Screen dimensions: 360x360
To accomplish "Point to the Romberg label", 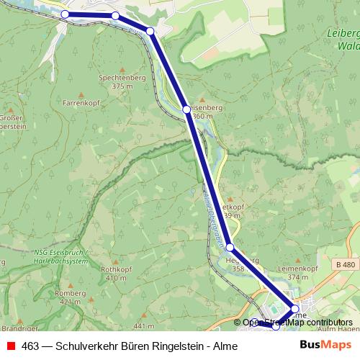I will (71, 293).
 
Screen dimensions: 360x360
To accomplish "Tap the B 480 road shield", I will (345, 264).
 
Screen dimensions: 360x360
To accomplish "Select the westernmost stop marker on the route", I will (65, 14).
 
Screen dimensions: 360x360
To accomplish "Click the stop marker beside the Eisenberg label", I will (186, 109).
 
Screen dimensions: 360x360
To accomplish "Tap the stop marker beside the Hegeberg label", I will (230, 247).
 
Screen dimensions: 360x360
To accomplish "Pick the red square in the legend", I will (11, 346).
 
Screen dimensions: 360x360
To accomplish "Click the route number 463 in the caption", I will (30, 346).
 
